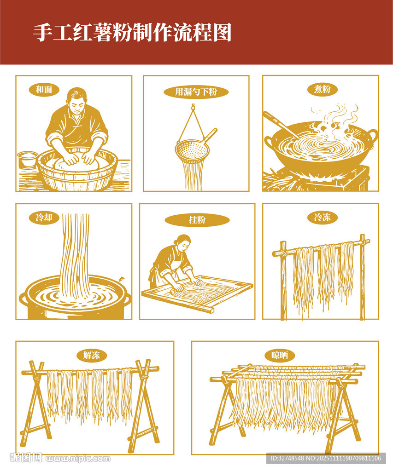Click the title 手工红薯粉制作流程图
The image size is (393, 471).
(x=132, y=33)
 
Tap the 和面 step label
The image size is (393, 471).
(x=44, y=90)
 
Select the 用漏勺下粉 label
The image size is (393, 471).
(x=196, y=92)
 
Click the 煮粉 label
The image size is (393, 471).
(x=323, y=89)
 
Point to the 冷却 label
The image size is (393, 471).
(x=44, y=218)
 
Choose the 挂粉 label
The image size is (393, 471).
(x=197, y=219)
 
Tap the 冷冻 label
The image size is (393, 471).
(x=323, y=217)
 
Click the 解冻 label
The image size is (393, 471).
(x=92, y=356)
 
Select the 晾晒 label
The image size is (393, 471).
(x=280, y=356)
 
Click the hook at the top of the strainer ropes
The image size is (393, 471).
(x=193, y=106)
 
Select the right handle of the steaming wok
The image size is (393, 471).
(x=371, y=137)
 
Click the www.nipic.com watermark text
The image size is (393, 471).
(x=78, y=459)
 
